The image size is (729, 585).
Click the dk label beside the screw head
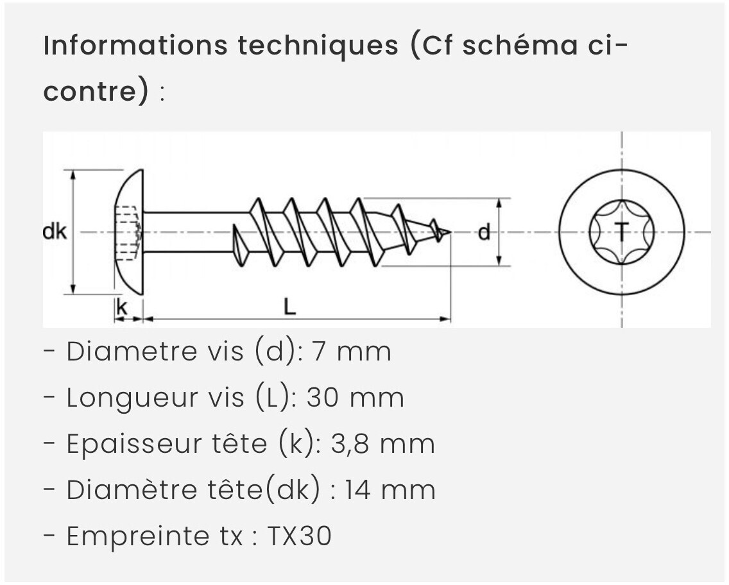click(x=55, y=232)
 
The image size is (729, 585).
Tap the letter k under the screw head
click(x=121, y=308)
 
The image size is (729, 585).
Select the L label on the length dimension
click(x=290, y=308)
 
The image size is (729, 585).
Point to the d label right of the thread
click(x=485, y=232)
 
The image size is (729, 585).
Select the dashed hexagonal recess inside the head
click(x=128, y=232)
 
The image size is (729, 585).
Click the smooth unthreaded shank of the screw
click(x=193, y=232)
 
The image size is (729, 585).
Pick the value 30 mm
click(x=355, y=398)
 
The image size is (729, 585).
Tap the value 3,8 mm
click(x=382, y=444)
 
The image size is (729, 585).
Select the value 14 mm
click(x=390, y=490)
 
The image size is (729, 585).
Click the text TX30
click(x=299, y=536)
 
